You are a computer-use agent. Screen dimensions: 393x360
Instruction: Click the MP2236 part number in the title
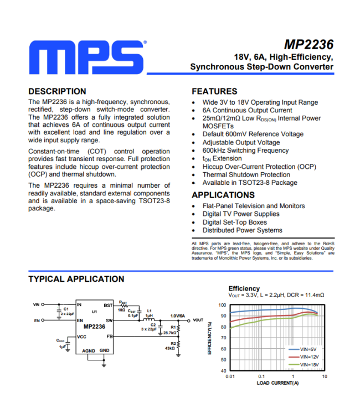[x=308, y=45]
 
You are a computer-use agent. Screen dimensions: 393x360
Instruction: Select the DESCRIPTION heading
[x=57, y=91]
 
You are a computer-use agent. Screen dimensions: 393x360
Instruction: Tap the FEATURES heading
[x=214, y=91]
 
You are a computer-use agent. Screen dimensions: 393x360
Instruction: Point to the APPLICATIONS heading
[x=223, y=195]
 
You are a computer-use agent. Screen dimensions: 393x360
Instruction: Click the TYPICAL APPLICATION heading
[x=76, y=279]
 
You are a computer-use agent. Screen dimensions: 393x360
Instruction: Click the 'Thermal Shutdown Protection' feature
[x=246, y=174]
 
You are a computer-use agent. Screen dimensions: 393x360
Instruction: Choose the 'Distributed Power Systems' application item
[x=242, y=230]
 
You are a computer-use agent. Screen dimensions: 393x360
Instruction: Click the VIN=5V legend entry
[x=307, y=349]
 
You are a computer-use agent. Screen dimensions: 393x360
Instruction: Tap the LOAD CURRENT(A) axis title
[x=277, y=383]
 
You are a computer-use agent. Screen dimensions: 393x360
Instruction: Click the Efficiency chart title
[x=244, y=288]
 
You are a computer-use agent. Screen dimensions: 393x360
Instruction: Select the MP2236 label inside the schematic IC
[x=94, y=327]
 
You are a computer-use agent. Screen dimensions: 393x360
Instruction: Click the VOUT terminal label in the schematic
[x=198, y=320]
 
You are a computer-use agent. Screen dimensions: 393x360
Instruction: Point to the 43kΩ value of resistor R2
[x=170, y=348]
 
